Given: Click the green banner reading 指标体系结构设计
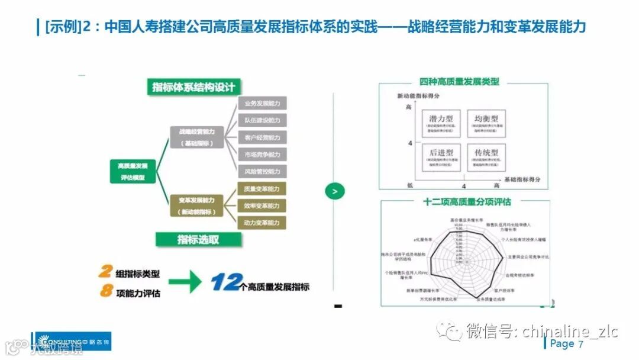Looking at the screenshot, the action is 193,87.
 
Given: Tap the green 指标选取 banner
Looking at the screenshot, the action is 198,240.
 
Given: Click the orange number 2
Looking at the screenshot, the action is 105,272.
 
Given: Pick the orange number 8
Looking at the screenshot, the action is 106,291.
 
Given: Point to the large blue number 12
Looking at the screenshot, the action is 225,283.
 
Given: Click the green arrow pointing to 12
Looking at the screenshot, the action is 184,282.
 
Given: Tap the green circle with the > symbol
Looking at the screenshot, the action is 335,191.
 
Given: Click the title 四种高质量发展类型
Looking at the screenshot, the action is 459,82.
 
